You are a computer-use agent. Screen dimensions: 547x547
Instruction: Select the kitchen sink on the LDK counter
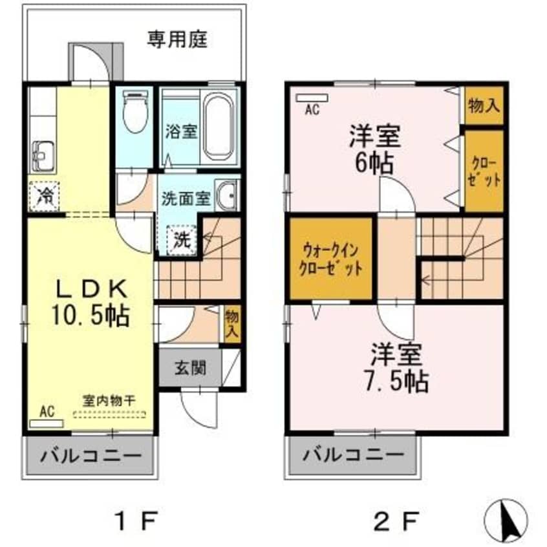(43, 157)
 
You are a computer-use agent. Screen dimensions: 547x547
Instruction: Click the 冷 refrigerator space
(45, 197)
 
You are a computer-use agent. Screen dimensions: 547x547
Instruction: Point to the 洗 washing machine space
(182, 241)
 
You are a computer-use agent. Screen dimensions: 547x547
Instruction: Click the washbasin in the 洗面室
(226, 195)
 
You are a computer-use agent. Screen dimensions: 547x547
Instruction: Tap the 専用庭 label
(177, 39)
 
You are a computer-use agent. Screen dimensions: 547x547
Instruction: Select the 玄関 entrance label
(190, 368)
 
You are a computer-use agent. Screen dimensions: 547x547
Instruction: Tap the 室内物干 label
(109, 400)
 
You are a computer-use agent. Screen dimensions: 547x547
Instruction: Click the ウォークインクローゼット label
(330, 259)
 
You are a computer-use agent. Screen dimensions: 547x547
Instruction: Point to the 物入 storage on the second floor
(484, 105)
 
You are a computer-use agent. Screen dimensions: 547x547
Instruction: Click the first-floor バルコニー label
(91, 456)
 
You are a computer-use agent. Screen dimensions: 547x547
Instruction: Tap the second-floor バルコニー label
(353, 455)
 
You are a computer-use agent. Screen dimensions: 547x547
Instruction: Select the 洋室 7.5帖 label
(396, 368)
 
